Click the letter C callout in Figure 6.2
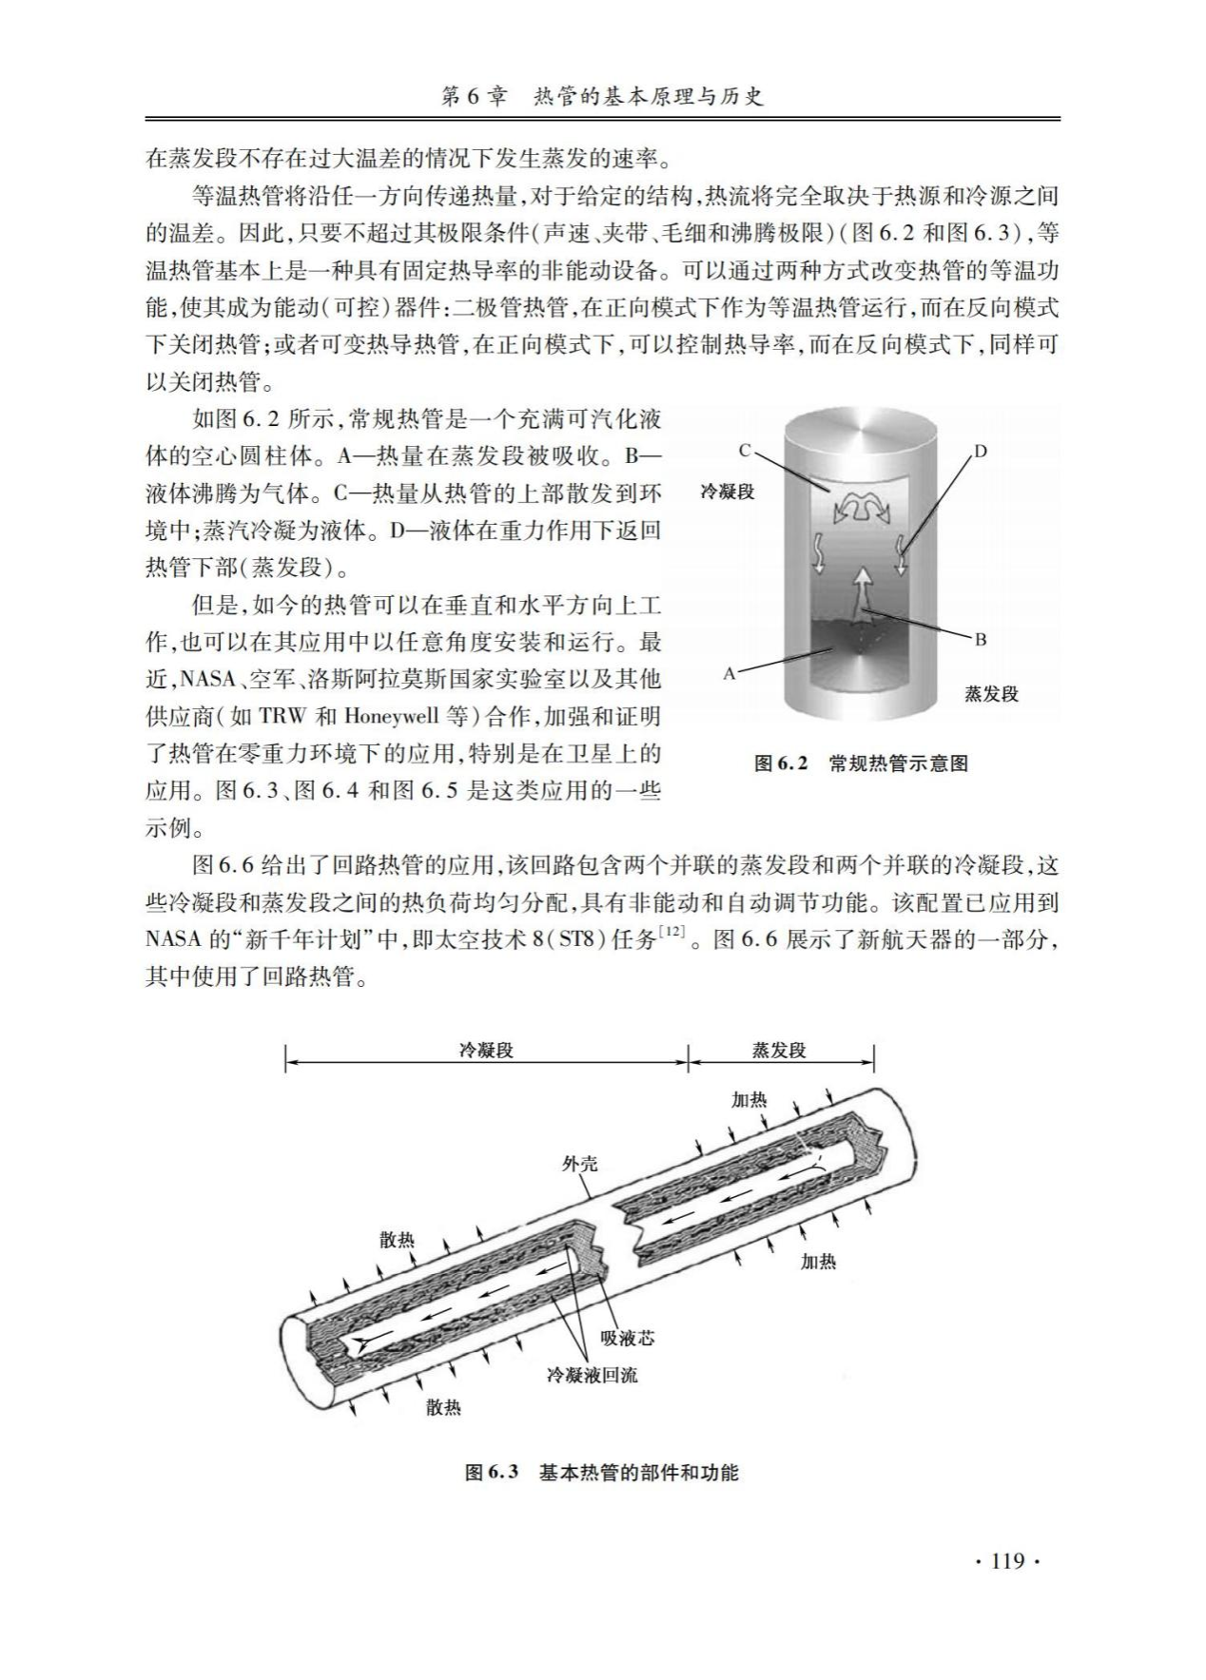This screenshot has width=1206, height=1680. [745, 450]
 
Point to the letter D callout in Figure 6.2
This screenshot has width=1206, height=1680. [982, 451]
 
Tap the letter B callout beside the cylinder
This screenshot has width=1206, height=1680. [981, 639]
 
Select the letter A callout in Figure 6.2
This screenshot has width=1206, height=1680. [729, 673]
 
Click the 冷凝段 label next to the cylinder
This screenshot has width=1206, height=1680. [728, 492]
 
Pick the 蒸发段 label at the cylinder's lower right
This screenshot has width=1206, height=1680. [991, 694]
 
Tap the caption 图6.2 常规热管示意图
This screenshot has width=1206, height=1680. [861, 763]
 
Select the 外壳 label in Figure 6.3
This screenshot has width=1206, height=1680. [580, 1163]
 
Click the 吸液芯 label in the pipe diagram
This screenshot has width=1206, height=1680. [628, 1338]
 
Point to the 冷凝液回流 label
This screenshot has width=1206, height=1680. [592, 1375]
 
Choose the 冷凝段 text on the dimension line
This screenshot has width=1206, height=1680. [486, 1050]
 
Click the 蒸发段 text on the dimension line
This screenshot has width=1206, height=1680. [779, 1050]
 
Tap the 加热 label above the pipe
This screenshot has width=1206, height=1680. [749, 1099]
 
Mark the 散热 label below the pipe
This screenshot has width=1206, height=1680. [443, 1407]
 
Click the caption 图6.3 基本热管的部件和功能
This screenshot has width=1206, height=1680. [602, 1473]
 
